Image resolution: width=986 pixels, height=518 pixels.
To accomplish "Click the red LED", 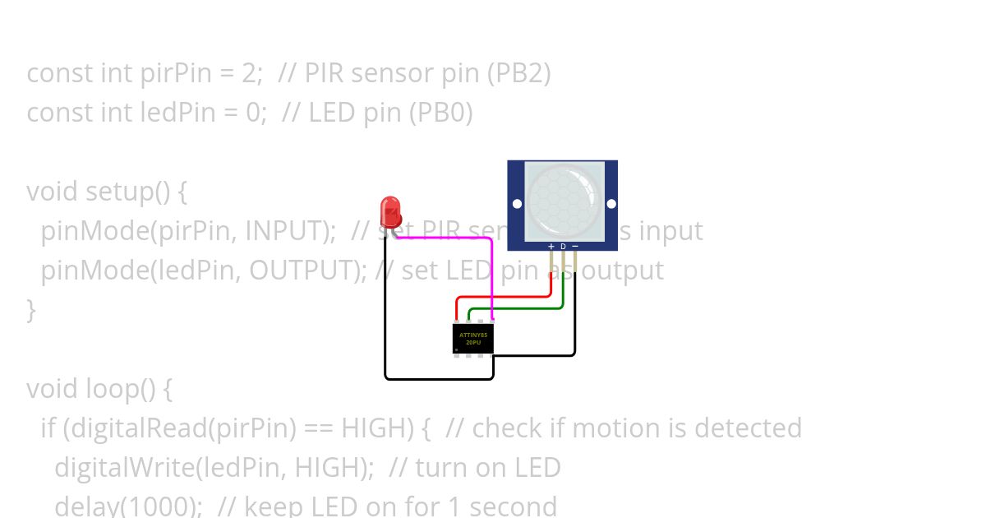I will (390, 211).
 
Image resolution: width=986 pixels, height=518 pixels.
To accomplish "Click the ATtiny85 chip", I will (472, 338).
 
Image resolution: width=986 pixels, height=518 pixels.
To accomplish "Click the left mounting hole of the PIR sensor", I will (517, 204).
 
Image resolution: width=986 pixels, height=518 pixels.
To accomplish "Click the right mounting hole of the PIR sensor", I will (611, 204).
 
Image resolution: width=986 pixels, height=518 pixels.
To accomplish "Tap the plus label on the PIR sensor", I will (551, 246).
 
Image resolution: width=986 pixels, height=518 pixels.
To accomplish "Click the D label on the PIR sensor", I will (563, 246).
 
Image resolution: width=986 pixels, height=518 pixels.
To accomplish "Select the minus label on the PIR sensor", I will (575, 246).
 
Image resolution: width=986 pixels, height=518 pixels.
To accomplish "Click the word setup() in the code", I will (136, 192).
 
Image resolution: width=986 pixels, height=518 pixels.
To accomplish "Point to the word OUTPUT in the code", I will (308, 271).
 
